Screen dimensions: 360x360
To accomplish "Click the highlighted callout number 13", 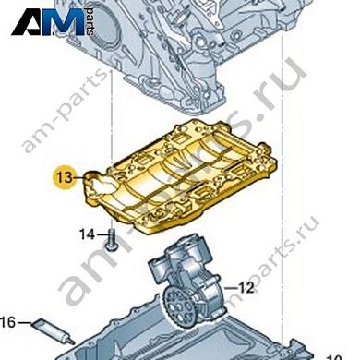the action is tap(63, 174).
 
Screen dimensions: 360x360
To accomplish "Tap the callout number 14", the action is tap(86, 234).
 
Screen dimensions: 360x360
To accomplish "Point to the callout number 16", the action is tap(7, 322).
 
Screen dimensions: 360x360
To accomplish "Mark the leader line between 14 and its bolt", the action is tap(100, 234).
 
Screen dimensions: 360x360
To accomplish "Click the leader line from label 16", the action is tap(24, 322).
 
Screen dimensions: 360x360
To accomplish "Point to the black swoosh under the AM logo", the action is tap(51, 35).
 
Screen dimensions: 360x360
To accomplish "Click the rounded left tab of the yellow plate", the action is tap(97, 185).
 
